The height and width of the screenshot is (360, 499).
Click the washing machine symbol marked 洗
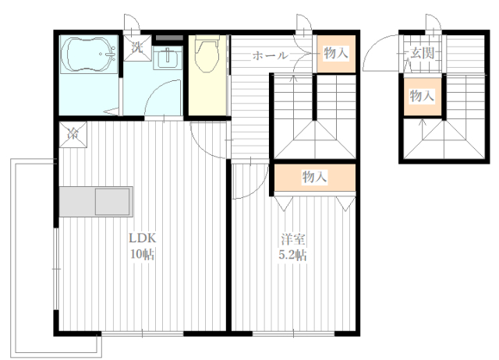tap(137, 48)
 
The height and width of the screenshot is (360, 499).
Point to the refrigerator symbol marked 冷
tap(73, 134)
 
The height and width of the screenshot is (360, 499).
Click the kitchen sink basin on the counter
tap(112, 202)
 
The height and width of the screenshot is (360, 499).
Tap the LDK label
tap(142, 238)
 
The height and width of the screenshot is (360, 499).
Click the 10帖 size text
tap(142, 254)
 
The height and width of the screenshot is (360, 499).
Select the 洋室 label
tap(293, 239)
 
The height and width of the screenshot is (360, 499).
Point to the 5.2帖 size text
tap(293, 255)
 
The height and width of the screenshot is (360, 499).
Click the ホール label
tap(271, 55)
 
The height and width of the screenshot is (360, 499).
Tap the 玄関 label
tap(422, 53)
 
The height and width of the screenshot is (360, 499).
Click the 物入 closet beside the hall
tap(336, 54)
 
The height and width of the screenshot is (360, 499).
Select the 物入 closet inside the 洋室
tap(314, 177)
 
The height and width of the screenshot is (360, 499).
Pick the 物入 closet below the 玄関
tap(422, 96)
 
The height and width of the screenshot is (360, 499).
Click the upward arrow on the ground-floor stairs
tap(423, 129)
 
